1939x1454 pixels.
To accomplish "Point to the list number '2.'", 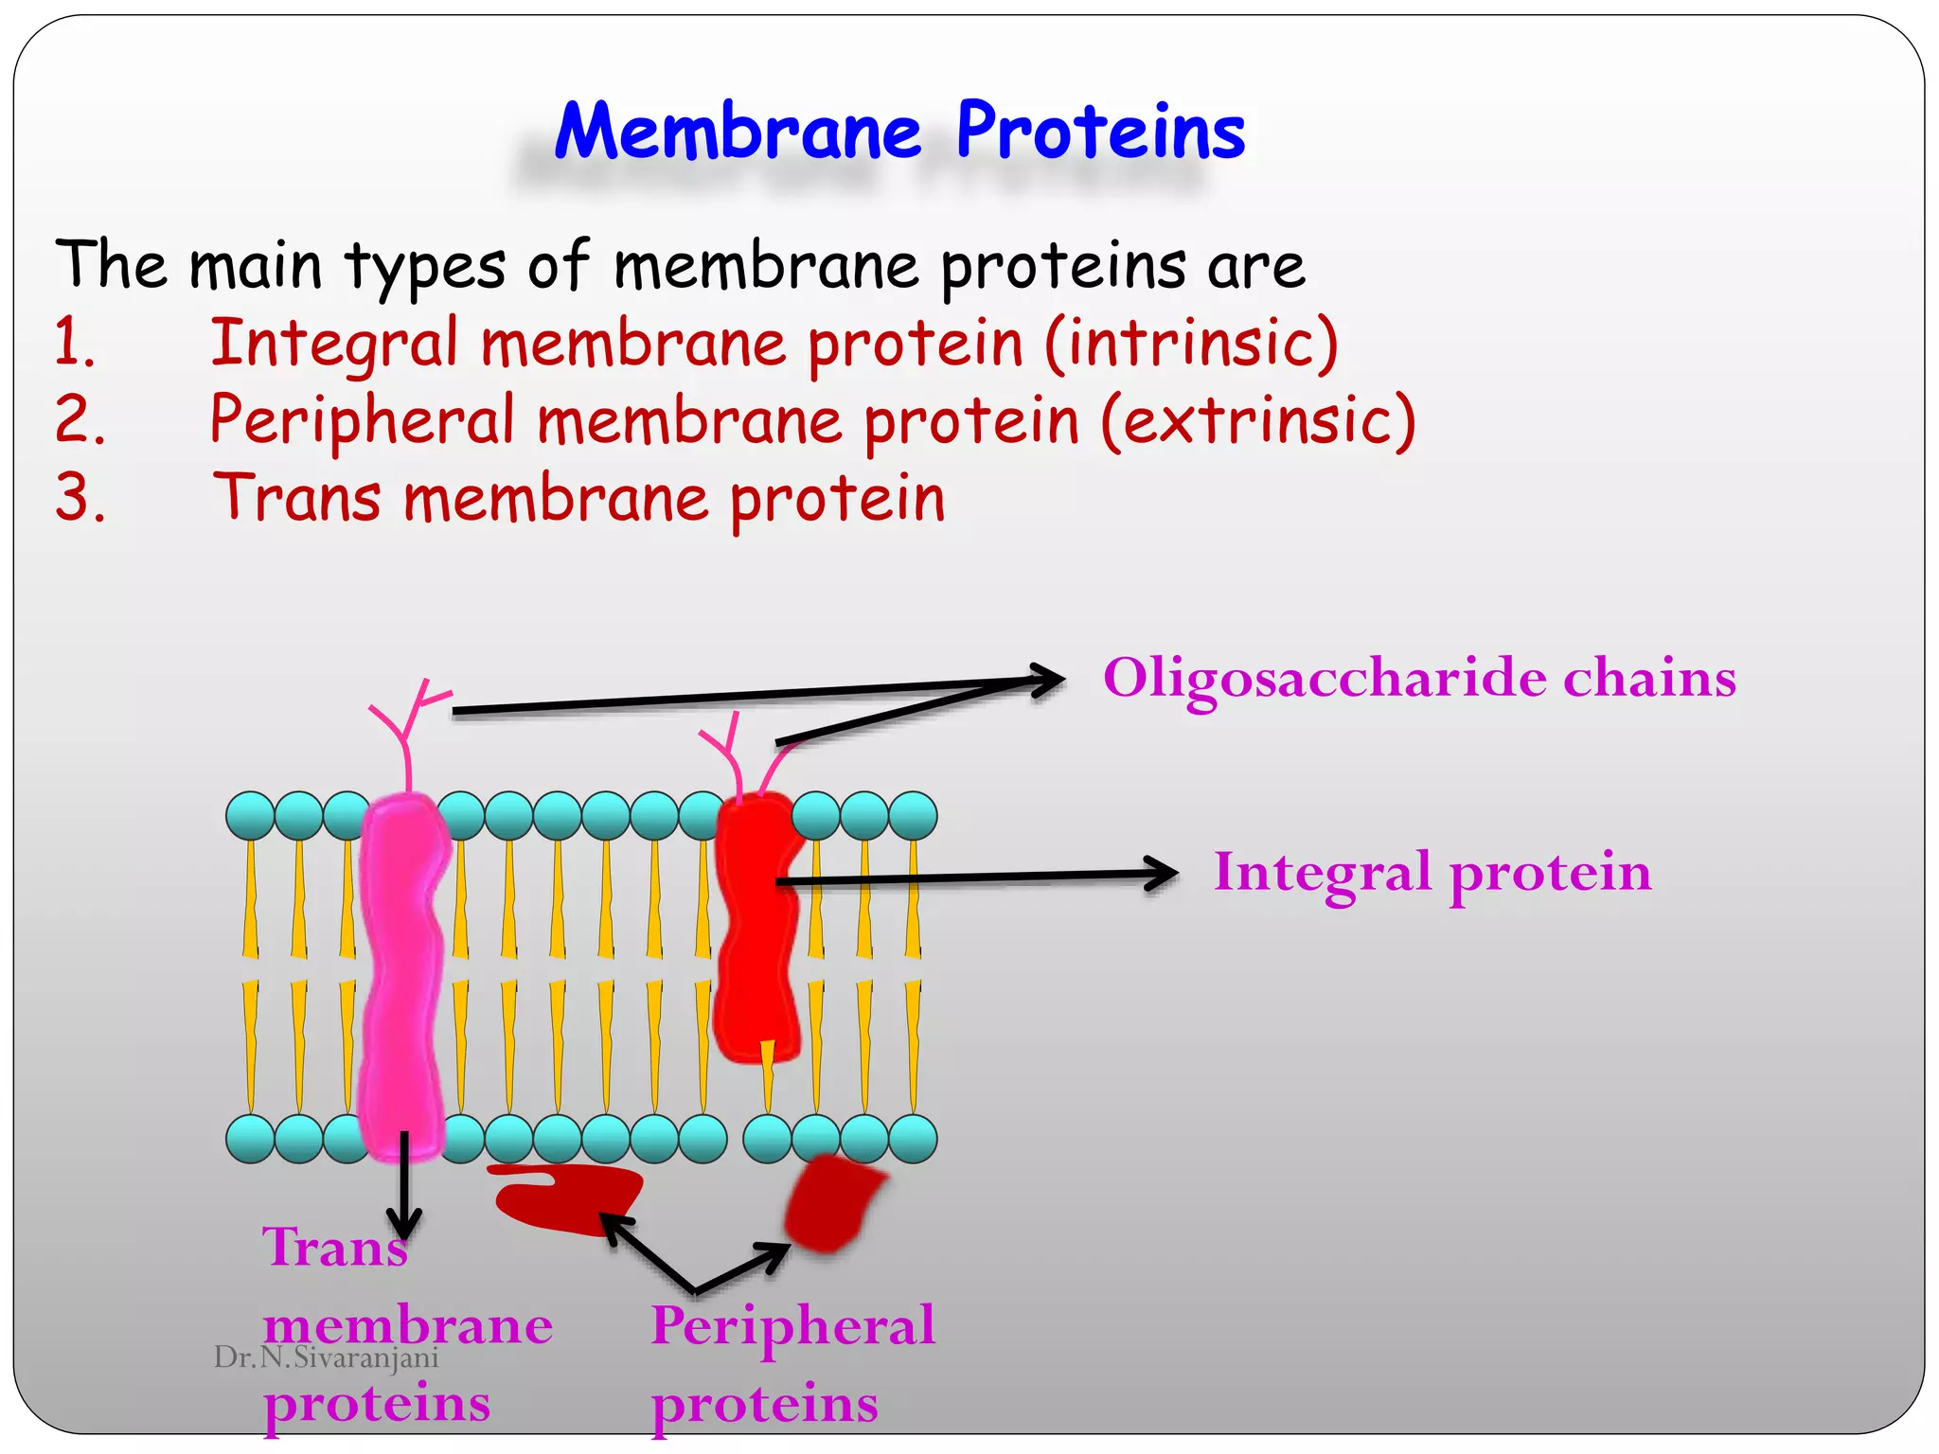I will tap(80, 420).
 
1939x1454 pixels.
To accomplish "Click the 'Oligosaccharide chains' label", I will tap(1419, 679).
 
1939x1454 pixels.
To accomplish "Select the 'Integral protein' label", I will tap(1432, 872).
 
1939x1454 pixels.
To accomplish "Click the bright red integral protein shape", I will tap(756, 928).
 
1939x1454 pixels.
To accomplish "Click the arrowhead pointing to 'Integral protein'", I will tap(1165, 874).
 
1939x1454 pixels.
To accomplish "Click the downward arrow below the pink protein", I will tap(404, 1193).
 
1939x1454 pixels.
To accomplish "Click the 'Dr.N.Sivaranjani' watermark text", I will tap(327, 1357).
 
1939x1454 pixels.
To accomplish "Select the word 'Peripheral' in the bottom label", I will tap(793, 1325).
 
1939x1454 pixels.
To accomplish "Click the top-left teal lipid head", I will tap(251, 816).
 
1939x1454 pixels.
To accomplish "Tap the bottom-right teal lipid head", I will tap(913, 1138).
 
